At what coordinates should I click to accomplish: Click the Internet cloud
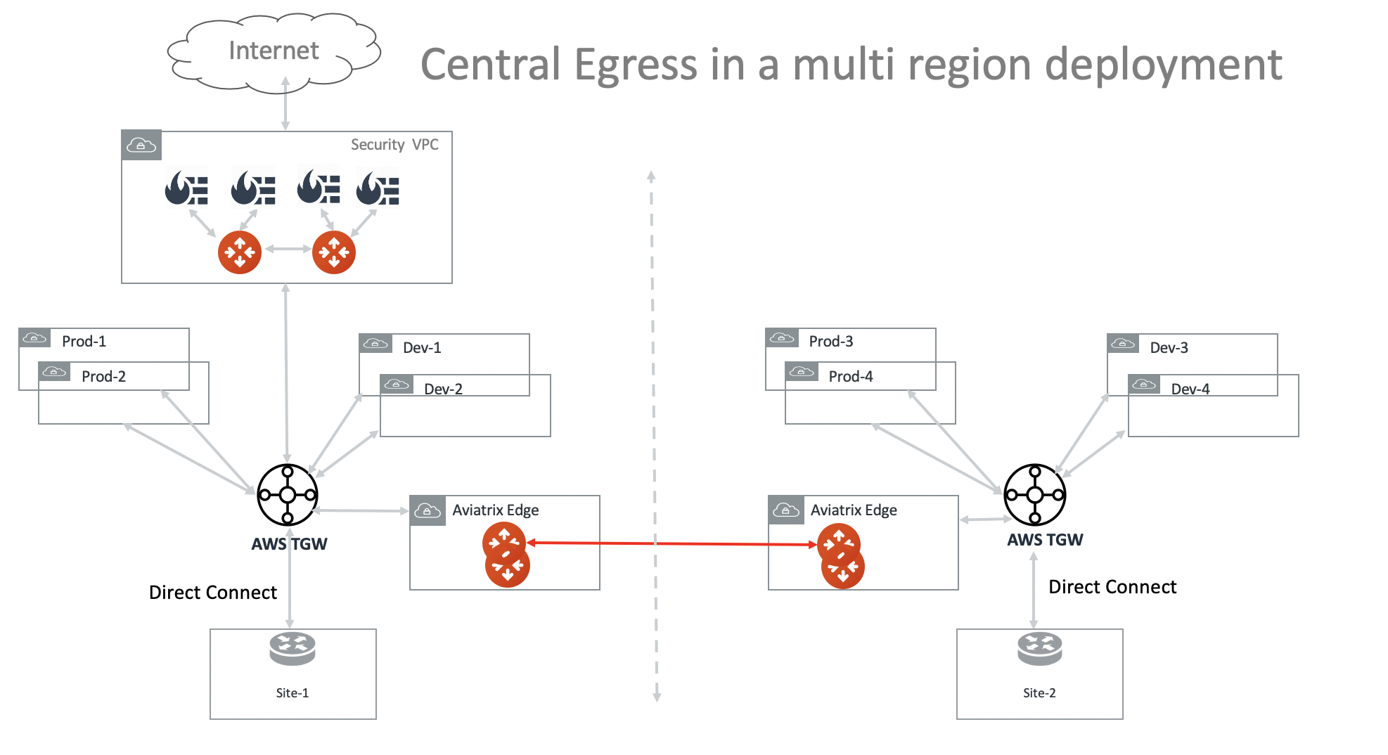pyautogui.click(x=274, y=52)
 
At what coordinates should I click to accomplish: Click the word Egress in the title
pyautogui.click(x=636, y=65)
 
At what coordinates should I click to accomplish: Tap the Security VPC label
pyautogui.click(x=394, y=145)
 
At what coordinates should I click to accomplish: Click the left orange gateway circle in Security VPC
pyautogui.click(x=240, y=252)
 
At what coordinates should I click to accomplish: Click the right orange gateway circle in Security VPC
pyautogui.click(x=334, y=252)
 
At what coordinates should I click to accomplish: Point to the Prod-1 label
pyautogui.click(x=84, y=342)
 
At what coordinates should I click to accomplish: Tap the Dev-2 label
pyautogui.click(x=443, y=389)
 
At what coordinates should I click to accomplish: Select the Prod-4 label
pyautogui.click(x=850, y=377)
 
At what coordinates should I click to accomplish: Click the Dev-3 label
pyautogui.click(x=1169, y=348)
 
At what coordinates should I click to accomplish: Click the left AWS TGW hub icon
pyautogui.click(x=287, y=495)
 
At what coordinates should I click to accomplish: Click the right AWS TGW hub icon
pyautogui.click(x=1034, y=495)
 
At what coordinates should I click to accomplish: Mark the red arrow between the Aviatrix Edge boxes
pyautogui.click(x=671, y=543)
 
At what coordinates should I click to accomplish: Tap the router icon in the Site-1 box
pyautogui.click(x=293, y=648)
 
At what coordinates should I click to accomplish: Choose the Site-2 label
pyautogui.click(x=1039, y=693)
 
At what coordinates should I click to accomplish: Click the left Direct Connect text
pyautogui.click(x=213, y=593)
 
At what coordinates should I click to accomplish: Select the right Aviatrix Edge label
pyautogui.click(x=854, y=510)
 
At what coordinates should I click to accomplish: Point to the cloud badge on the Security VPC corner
pyautogui.click(x=141, y=146)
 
